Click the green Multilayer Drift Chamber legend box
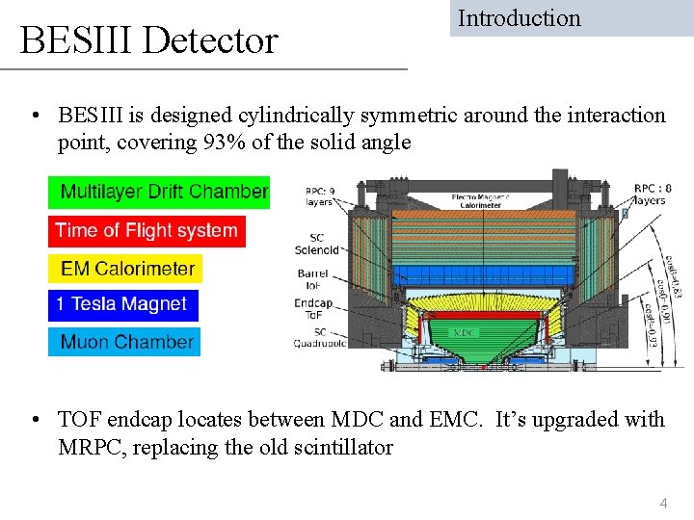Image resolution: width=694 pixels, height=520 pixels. point(159,192)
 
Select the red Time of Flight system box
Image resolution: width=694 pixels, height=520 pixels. point(147,230)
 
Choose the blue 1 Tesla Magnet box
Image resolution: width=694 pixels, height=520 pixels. point(122,304)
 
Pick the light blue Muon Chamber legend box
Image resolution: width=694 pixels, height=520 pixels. point(124,342)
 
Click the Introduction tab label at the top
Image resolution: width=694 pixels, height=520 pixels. point(520,18)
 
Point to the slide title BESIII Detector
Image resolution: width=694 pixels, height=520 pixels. point(149,40)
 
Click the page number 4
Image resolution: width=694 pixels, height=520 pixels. point(662,503)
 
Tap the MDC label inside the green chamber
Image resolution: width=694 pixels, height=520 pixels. point(464,332)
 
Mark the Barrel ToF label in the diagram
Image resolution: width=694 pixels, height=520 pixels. point(312,280)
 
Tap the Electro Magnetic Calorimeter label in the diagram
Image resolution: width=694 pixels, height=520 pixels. point(479,200)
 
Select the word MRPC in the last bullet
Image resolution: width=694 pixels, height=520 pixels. point(90,447)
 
